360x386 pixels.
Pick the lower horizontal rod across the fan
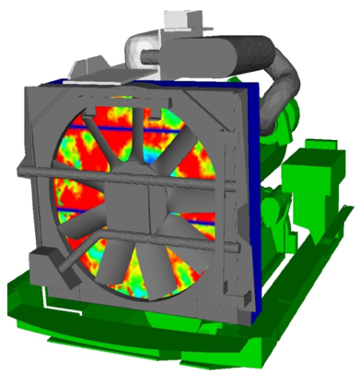click(x=138, y=234)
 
